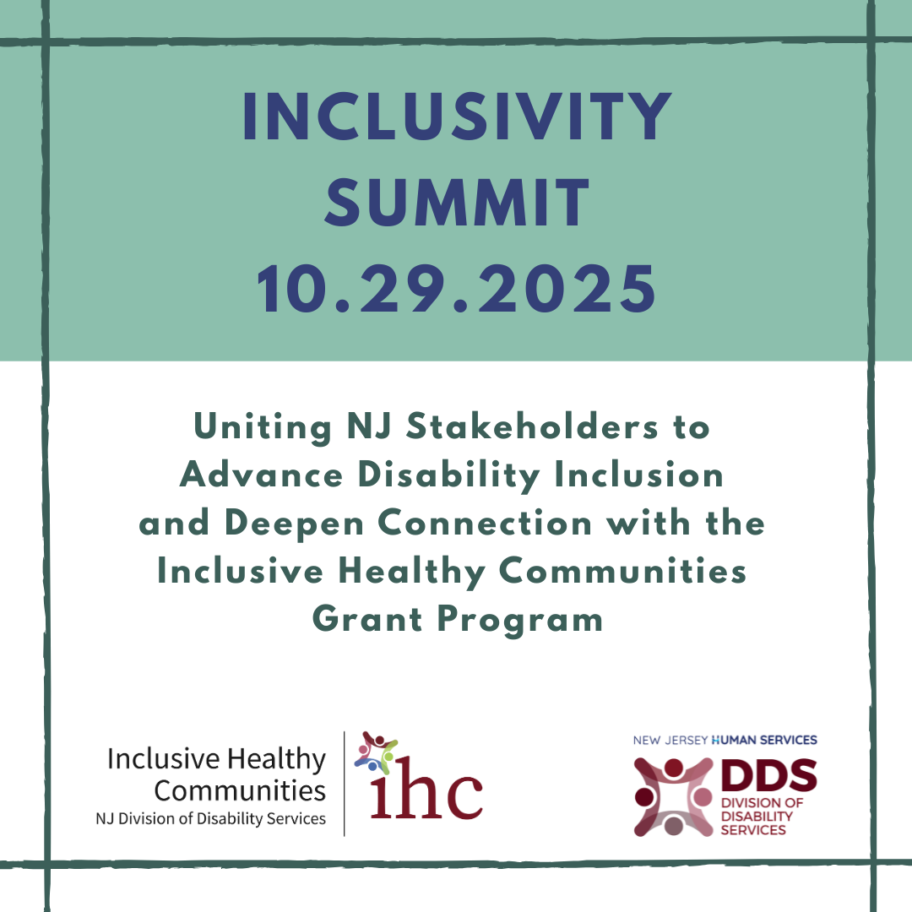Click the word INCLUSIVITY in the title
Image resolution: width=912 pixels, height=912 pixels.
click(x=456, y=118)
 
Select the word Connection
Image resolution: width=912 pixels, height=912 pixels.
click(x=486, y=524)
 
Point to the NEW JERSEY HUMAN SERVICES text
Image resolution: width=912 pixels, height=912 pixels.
click(x=725, y=740)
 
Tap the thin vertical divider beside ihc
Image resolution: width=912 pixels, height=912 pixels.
click(x=345, y=783)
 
